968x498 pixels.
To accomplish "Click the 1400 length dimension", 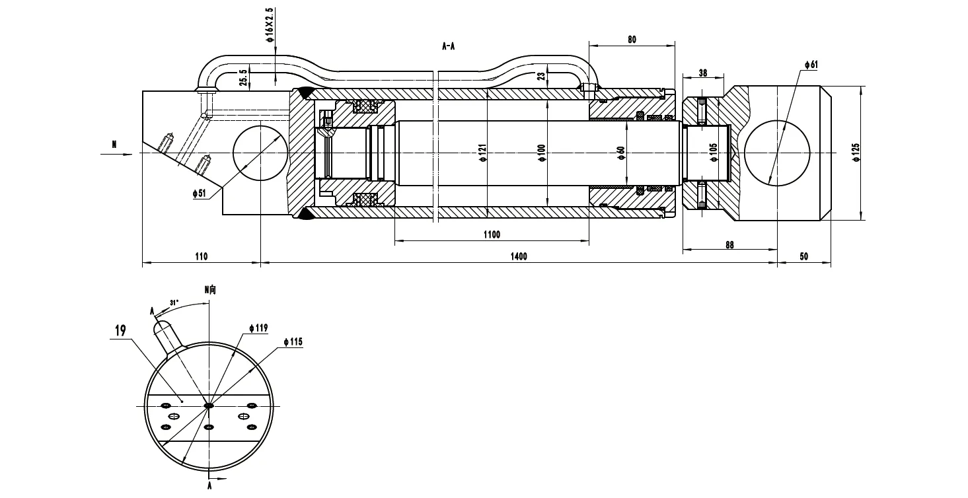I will point(519,257).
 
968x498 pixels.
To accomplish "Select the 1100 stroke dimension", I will point(492,234).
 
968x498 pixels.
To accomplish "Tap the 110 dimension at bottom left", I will point(202,257).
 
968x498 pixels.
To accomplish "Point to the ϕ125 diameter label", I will point(856,153).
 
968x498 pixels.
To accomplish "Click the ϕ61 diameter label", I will point(811,64).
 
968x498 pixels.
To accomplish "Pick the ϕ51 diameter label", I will point(200,194).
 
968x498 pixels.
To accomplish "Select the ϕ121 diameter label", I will point(482,153).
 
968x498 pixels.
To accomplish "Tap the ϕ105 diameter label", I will point(713,153).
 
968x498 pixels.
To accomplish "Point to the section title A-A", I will point(449,46).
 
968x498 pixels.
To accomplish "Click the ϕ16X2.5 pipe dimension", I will point(270,25).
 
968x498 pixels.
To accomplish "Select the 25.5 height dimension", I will point(244,78).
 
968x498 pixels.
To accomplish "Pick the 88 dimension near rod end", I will point(729,244).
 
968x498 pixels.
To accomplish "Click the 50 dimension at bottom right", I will point(803,257).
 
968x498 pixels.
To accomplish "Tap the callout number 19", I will point(120,332).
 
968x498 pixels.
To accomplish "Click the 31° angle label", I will point(174,302).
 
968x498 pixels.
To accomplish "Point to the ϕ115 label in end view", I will point(292,341).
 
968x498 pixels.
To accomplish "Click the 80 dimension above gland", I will point(632,40).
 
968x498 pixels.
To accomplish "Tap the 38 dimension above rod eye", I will point(702,73).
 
